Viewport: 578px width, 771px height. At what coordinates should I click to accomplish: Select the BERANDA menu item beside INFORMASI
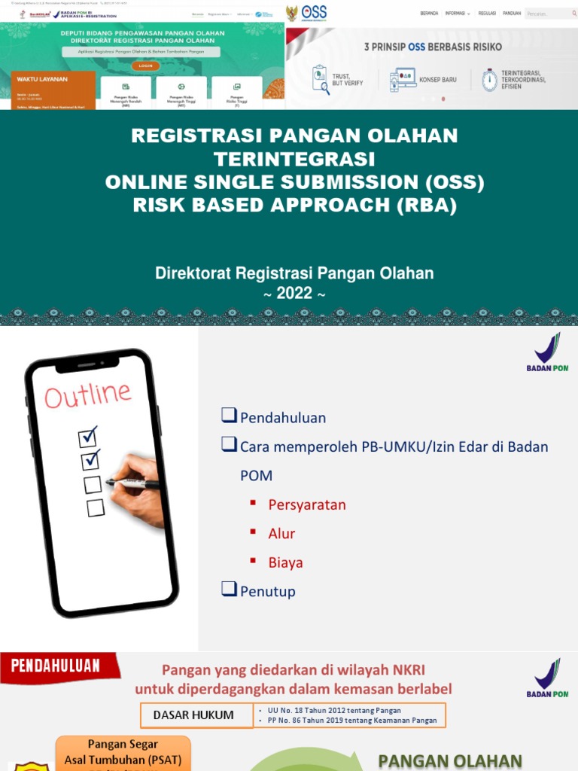click(429, 13)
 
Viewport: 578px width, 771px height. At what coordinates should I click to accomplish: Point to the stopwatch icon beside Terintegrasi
click(490, 79)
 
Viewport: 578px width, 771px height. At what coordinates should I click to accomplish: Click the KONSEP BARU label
click(438, 79)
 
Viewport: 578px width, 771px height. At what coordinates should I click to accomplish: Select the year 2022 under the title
click(294, 294)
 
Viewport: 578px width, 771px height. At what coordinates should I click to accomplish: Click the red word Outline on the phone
click(87, 394)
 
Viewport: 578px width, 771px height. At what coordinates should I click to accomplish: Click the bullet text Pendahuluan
click(283, 418)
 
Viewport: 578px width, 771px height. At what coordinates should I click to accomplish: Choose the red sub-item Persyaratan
click(307, 504)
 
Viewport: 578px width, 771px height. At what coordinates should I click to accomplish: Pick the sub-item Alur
click(281, 533)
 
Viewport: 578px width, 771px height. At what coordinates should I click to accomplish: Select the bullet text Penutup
click(268, 591)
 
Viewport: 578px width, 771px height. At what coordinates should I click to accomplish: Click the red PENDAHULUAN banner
click(56, 666)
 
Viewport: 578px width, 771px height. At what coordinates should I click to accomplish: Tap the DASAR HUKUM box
click(193, 715)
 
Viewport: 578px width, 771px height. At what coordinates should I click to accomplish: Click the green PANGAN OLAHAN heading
click(450, 760)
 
